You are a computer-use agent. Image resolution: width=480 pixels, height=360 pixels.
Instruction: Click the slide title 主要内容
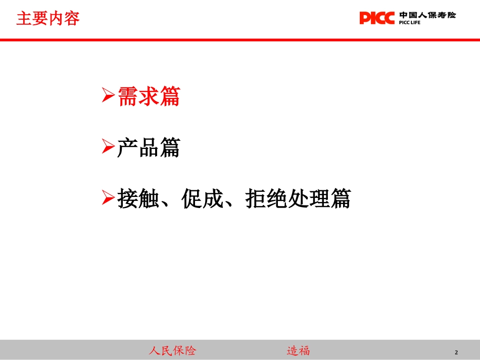tap(48, 19)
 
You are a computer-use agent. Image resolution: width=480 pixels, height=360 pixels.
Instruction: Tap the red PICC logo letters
tap(377, 18)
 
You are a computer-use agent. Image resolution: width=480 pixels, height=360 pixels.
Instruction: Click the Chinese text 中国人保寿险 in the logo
tap(427, 15)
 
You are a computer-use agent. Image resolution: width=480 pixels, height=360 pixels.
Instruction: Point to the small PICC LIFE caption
tap(410, 23)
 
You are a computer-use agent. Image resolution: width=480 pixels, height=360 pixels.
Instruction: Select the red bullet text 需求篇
tap(149, 96)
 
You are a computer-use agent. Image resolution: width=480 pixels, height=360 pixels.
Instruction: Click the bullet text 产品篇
tap(149, 147)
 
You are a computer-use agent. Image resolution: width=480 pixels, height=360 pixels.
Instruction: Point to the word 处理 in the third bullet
tap(309, 198)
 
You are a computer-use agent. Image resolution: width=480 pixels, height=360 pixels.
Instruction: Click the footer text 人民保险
tap(172, 350)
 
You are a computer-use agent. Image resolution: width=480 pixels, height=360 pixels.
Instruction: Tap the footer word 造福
tap(298, 350)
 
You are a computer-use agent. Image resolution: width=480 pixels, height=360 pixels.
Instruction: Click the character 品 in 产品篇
tap(149, 147)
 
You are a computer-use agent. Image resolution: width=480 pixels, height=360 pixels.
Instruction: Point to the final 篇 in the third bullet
tap(341, 198)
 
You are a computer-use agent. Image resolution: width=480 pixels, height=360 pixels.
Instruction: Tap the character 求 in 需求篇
tap(149, 96)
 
